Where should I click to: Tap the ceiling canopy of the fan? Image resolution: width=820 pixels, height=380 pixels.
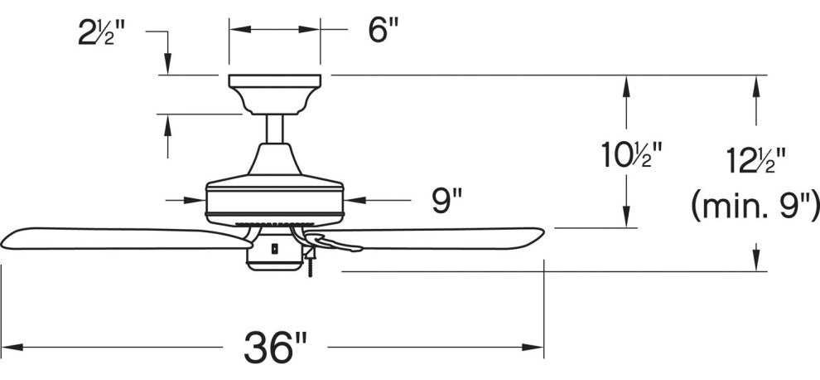click(274, 91)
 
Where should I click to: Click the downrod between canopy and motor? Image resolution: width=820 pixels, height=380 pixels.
click(274, 129)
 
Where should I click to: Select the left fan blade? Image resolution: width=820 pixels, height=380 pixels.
click(116, 238)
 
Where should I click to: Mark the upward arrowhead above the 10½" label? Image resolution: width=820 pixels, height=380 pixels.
click(627, 83)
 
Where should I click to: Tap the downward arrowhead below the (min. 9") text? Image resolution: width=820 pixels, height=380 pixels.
click(755, 261)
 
